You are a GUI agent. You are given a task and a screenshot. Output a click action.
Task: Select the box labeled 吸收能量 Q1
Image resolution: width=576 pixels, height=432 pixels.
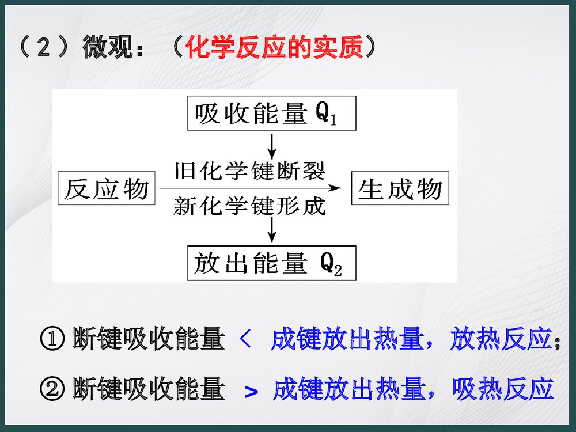[271, 114]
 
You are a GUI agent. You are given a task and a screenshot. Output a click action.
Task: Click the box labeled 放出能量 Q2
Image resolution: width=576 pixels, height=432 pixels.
[271, 263]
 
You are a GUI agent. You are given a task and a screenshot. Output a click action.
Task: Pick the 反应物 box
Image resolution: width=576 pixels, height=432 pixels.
[107, 188]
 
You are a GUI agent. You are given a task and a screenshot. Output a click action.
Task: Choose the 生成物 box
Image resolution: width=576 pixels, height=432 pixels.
[400, 188]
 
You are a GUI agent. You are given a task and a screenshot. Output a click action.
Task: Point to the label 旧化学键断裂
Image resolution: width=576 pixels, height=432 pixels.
[250, 171]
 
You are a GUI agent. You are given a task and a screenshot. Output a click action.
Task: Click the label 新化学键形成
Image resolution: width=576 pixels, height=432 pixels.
[250, 206]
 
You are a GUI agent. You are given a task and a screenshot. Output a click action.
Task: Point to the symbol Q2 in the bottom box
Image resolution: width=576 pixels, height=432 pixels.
[331, 264]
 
